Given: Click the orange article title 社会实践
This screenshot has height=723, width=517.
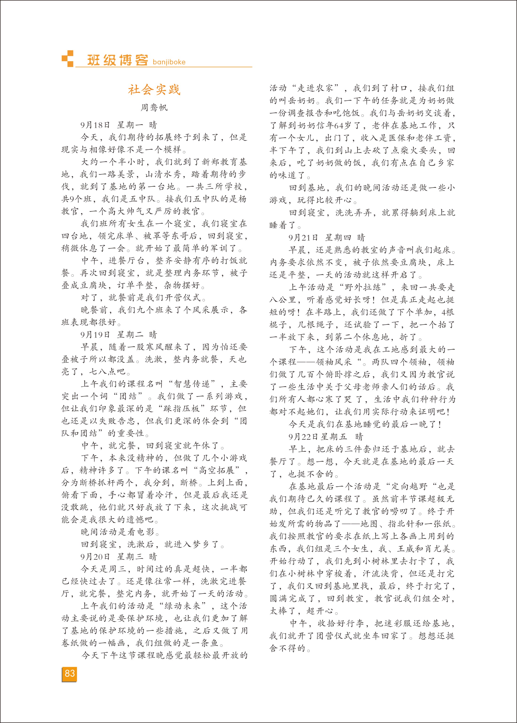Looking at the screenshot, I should coord(154,90).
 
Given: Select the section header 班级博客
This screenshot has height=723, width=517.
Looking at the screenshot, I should coord(118,60).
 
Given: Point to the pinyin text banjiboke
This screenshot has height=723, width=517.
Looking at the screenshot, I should coord(169,62).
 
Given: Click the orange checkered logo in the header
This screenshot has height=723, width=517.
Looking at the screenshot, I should coord(67,59).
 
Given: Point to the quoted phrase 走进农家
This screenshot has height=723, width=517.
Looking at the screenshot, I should coord(315,88).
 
